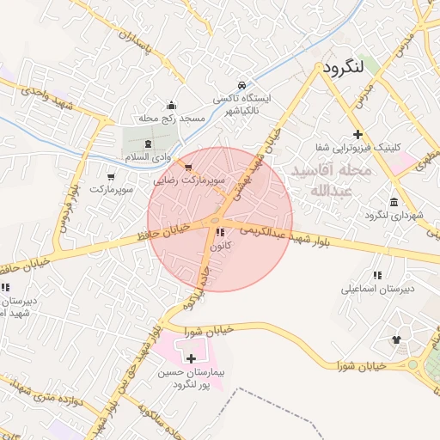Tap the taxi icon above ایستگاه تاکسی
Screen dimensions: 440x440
pyautogui.click(x=243, y=85)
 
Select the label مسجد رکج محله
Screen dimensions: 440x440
pyautogui.click(x=171, y=117)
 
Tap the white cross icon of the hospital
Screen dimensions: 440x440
pyautogui.click(x=190, y=357)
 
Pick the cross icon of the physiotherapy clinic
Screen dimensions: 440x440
pyautogui.click(x=357, y=134)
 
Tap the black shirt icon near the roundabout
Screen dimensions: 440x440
pyautogui.click(x=396, y=339)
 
